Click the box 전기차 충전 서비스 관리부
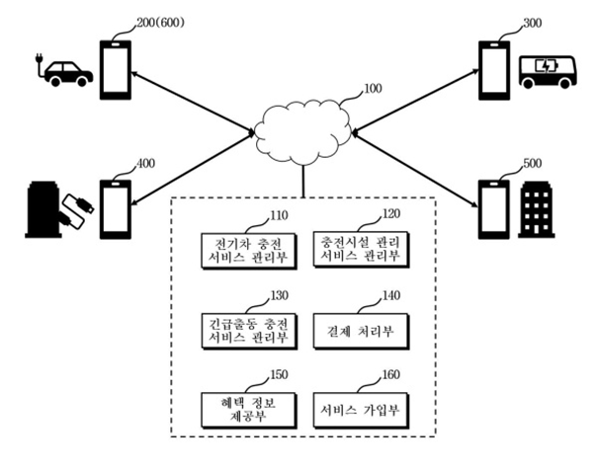(242, 249)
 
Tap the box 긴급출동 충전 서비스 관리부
(242, 329)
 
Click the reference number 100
(374, 90)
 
